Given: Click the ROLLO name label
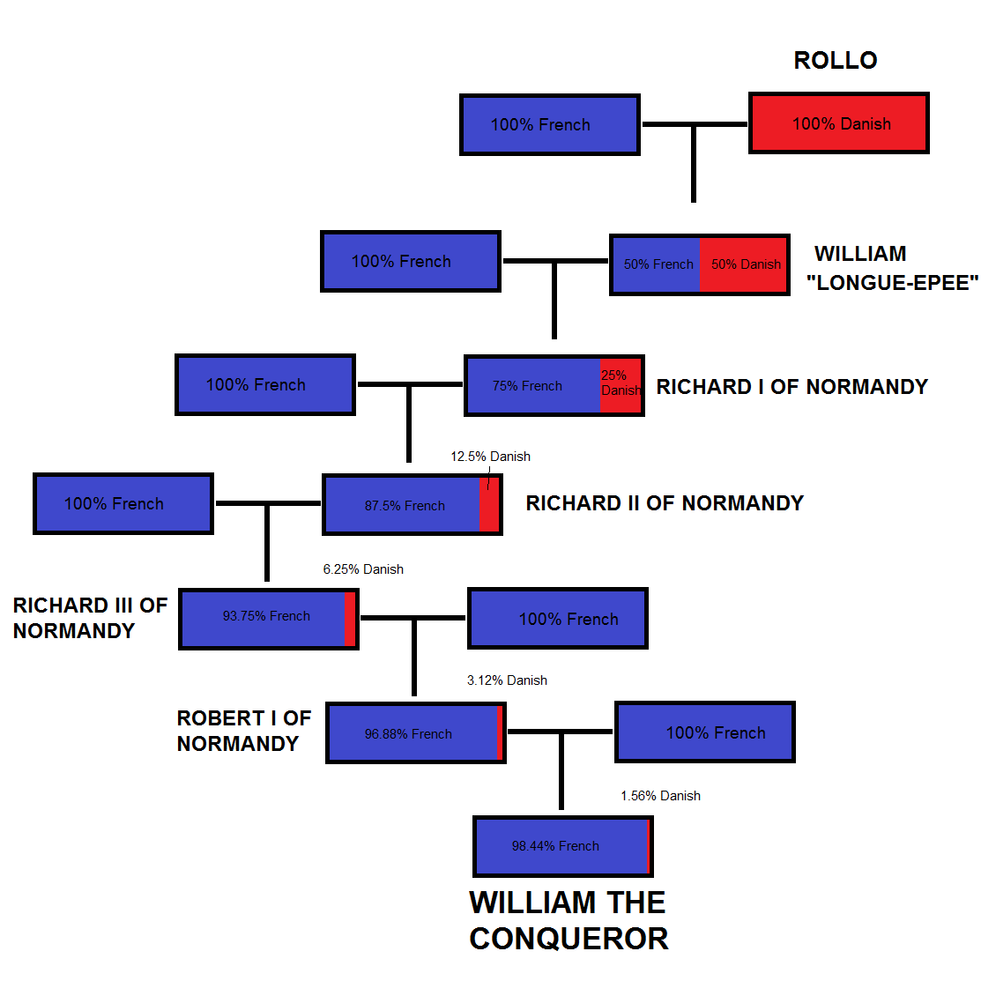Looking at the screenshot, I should coord(835,60).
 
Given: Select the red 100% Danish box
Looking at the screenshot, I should coord(838,123).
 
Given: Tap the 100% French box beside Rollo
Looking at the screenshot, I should coord(549,124).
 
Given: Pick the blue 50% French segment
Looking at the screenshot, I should coord(657,264).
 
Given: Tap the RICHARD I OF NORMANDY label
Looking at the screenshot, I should coord(791,387).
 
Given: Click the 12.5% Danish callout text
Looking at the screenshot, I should coord(490,457).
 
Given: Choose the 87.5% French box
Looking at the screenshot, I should coord(404,505).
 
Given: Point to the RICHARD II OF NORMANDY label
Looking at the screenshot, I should coord(665,503).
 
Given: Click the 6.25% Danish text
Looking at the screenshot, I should coord(363,569).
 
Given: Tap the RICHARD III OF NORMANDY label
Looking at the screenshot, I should coord(89,618).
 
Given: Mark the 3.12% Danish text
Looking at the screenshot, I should coord(507,680).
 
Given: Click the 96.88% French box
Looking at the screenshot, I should coord(410,733).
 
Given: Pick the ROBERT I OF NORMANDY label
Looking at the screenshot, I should coord(243,731).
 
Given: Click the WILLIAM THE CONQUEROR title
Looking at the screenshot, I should coord(569,920).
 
